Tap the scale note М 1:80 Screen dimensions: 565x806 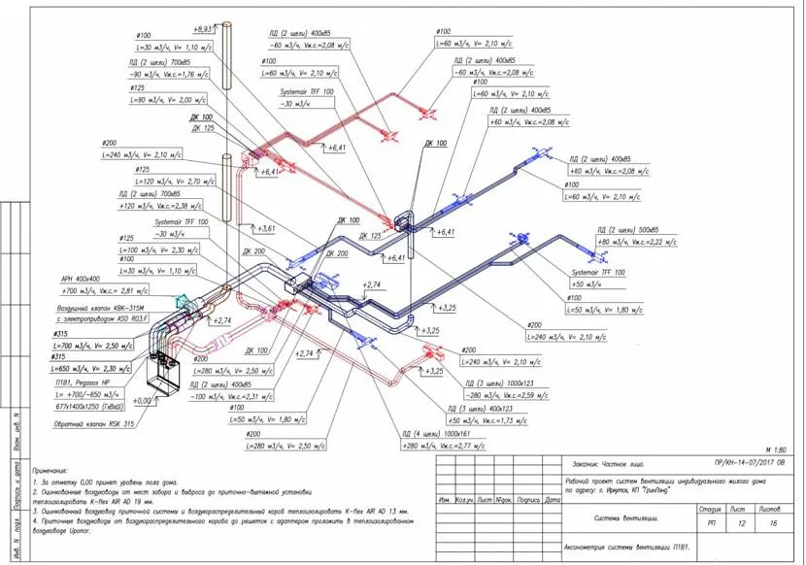[x=773, y=450]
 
